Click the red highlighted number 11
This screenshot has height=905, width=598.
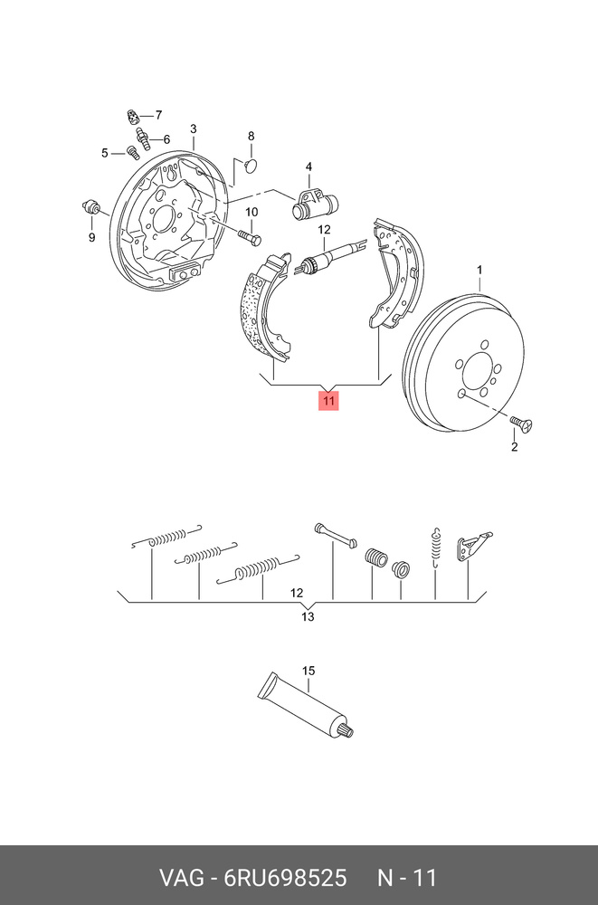(x=328, y=401)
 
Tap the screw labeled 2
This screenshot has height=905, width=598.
(x=522, y=424)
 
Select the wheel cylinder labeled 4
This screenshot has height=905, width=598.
(x=315, y=205)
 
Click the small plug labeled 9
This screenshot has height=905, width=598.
(x=91, y=205)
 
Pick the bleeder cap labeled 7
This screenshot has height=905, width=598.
(x=133, y=117)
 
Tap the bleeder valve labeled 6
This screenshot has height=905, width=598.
(x=143, y=139)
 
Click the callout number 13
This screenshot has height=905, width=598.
(x=308, y=617)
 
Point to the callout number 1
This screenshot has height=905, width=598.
(x=479, y=270)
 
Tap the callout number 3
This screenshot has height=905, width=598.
(x=194, y=129)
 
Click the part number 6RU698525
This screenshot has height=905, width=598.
(x=285, y=878)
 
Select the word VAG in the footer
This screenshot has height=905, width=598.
(x=181, y=878)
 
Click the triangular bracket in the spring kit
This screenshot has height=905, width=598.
(x=472, y=546)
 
